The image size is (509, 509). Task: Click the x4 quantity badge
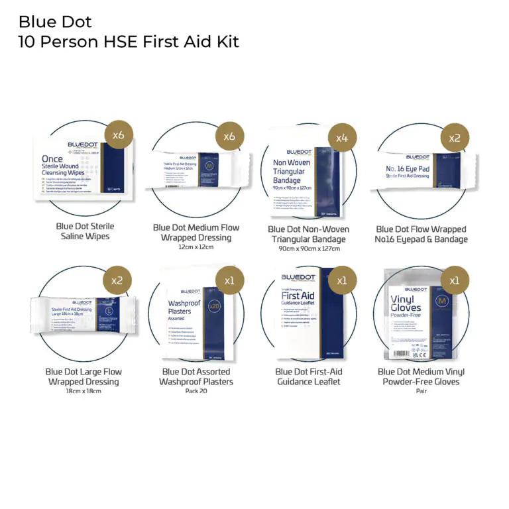[x=342, y=137]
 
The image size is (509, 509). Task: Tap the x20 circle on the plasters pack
[x=214, y=306]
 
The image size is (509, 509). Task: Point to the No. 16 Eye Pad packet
[x=424, y=172]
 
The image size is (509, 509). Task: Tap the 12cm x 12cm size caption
[x=196, y=247]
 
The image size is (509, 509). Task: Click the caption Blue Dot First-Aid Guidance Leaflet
[x=309, y=376]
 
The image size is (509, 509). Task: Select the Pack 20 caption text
[x=196, y=391]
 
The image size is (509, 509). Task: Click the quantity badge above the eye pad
[x=455, y=138]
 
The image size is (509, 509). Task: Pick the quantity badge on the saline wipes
[x=119, y=135]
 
